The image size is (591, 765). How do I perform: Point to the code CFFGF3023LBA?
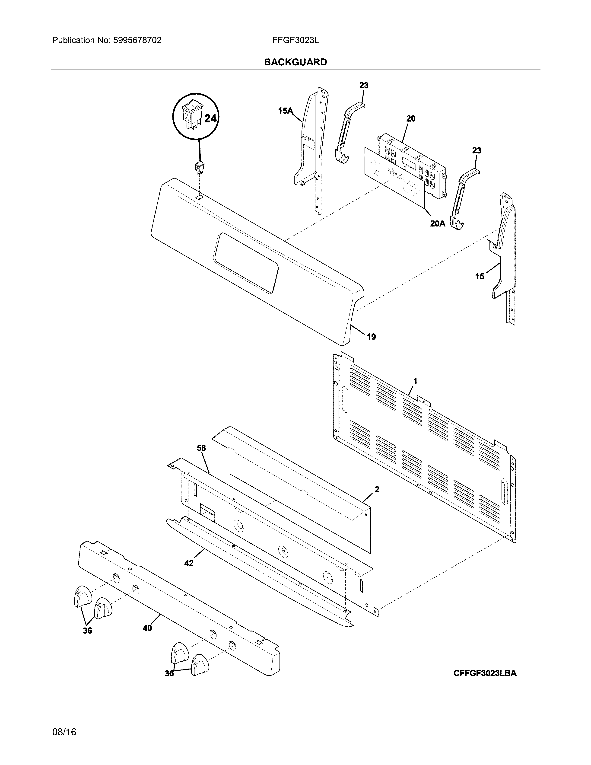[485, 683]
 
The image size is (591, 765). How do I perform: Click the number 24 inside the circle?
[210, 119]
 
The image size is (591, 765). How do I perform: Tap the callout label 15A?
[285, 111]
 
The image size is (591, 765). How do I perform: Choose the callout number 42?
[189, 563]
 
